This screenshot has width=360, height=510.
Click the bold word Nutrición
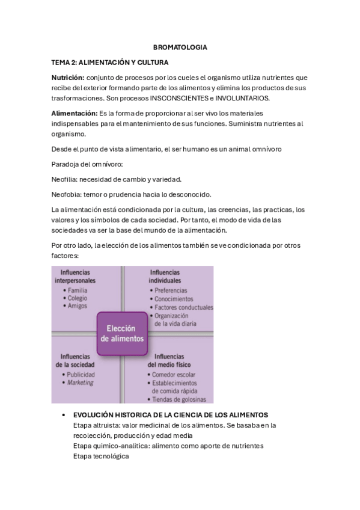[68, 78]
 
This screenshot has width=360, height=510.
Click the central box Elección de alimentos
[121, 334]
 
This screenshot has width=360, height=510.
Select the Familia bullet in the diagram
[78, 290]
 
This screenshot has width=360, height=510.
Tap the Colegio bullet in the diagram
[78, 298]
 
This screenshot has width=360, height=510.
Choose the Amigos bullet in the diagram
[78, 306]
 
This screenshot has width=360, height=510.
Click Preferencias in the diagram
[171, 290]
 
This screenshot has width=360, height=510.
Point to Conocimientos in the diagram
[174, 299]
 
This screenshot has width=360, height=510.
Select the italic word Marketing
[80, 382]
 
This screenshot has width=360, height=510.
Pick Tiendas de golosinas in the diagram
[178, 399]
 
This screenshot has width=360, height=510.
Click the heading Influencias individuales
[165, 277]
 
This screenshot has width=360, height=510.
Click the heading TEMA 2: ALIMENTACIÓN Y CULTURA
[109, 63]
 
